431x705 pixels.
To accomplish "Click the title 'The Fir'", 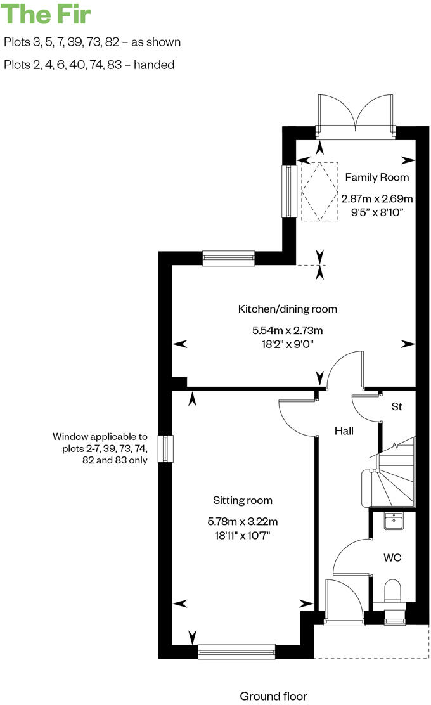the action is (47, 14).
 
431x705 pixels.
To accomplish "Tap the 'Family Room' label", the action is (376, 178).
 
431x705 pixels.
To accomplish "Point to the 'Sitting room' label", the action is (243, 500).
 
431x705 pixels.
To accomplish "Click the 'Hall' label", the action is (344, 431).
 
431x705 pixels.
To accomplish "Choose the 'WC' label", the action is (392, 557).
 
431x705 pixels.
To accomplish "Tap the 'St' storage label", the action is (397, 407).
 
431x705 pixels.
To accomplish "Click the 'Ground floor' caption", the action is (273, 696).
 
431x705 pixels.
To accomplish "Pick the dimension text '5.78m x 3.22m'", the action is (243, 522).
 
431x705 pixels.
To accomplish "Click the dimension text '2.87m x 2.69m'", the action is (376, 198).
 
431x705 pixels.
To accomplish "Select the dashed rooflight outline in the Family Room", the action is (320, 191).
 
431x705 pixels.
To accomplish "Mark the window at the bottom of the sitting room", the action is (236, 651).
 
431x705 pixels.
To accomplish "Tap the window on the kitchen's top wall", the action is (228, 257).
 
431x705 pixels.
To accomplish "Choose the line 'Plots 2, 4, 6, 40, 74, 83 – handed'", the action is (89, 65).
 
